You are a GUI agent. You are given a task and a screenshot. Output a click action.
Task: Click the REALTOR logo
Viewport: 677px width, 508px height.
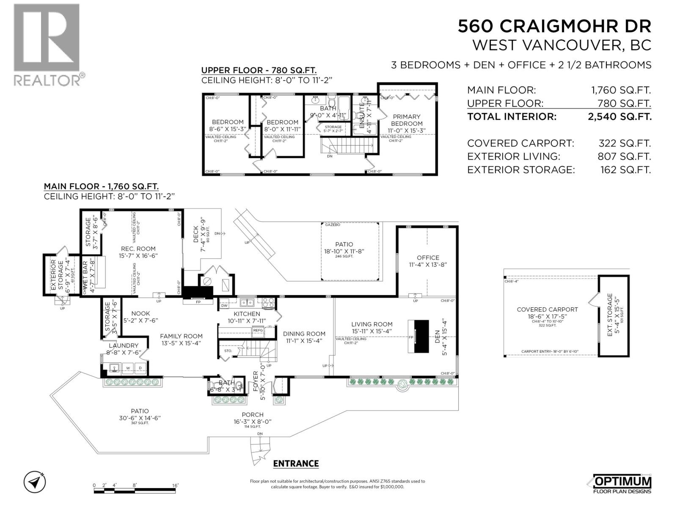(x=47, y=44)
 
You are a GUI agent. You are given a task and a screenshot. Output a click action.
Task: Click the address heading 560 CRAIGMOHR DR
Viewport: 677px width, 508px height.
(x=554, y=27)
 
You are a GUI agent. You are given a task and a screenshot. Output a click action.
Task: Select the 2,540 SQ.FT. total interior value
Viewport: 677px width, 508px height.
(x=619, y=117)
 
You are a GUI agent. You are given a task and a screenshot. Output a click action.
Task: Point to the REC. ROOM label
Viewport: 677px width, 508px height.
(x=138, y=249)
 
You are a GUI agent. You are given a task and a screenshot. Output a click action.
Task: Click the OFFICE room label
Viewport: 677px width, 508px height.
(x=428, y=257)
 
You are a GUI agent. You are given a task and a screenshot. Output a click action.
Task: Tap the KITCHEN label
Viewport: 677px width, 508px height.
(x=247, y=314)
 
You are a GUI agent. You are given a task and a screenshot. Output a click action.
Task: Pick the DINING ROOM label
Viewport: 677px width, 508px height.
(x=304, y=334)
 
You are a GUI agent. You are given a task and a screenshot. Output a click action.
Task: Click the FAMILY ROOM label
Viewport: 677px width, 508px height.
(x=181, y=337)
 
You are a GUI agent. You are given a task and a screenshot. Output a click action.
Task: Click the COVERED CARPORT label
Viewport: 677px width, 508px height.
(x=547, y=309)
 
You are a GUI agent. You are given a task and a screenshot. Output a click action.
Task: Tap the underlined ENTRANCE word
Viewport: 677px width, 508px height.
(x=296, y=464)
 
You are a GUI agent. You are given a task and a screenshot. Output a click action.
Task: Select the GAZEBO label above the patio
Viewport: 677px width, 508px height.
(x=333, y=225)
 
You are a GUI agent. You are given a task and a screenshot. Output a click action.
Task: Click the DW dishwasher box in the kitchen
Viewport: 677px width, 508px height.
(x=224, y=305)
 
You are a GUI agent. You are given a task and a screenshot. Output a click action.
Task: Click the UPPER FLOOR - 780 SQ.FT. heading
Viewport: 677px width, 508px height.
(x=259, y=71)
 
